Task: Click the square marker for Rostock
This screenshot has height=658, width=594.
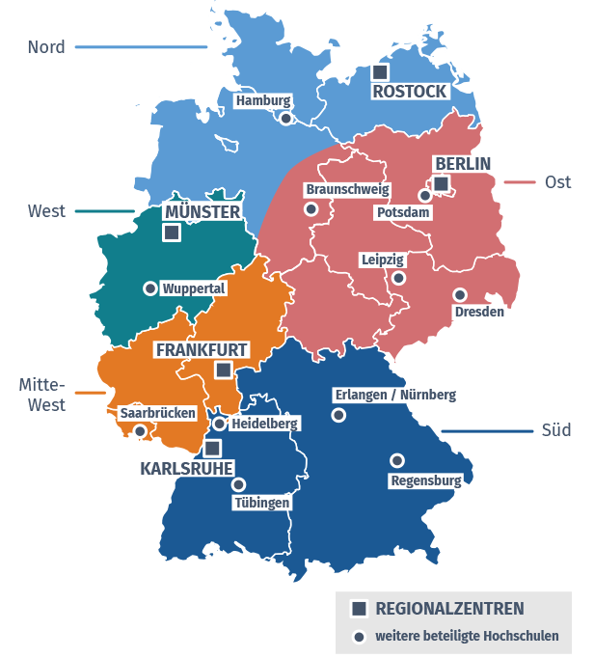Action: click(380, 72)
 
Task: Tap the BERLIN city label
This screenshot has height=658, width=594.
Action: click(463, 163)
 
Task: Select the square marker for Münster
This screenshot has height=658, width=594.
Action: click(172, 232)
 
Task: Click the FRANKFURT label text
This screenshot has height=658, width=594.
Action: click(202, 349)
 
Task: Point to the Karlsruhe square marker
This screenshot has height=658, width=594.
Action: click(212, 448)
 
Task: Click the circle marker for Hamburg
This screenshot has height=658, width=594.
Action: click(285, 119)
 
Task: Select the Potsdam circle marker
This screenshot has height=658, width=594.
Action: click(424, 195)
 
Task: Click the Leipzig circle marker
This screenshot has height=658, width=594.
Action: click(398, 278)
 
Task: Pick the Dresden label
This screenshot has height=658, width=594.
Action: click(478, 312)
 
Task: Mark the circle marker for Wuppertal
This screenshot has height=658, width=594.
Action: click(149, 288)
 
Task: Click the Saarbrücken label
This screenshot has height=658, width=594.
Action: click(158, 413)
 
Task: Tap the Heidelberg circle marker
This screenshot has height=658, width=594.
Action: click(220, 424)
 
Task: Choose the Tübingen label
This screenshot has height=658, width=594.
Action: click(261, 502)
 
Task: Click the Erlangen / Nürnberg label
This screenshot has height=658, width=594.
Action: click(393, 395)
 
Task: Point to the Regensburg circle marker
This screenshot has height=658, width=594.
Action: click(396, 460)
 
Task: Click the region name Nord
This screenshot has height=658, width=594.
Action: click(46, 46)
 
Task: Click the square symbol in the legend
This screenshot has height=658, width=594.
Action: click(359, 608)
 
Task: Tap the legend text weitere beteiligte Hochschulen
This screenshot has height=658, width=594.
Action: click(467, 637)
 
